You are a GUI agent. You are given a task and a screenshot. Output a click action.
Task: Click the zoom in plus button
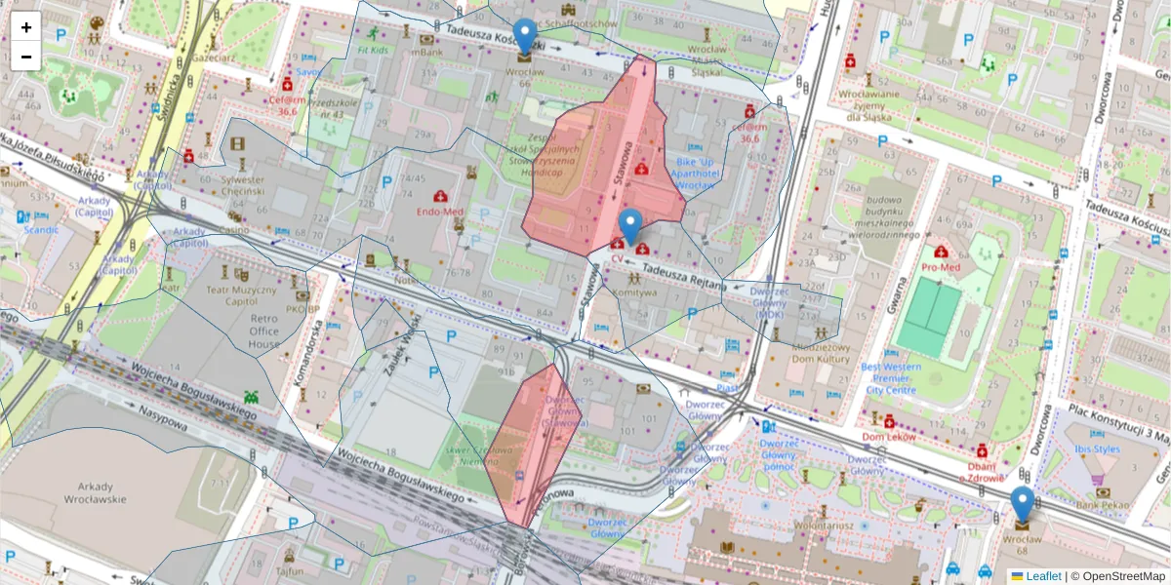click(x=26, y=27)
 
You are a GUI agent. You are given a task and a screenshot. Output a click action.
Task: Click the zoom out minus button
click(x=26, y=57)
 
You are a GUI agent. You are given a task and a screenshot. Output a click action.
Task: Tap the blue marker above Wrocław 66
click(x=525, y=36)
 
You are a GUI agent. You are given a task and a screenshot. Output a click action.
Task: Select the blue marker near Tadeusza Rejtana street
click(x=630, y=226)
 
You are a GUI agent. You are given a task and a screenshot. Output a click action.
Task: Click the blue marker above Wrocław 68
click(x=1022, y=504)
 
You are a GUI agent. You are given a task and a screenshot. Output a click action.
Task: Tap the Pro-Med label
click(x=942, y=265)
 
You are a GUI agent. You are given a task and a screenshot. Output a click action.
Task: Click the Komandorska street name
click(x=303, y=354)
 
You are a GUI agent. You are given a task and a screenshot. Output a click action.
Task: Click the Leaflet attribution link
click(x=1043, y=576)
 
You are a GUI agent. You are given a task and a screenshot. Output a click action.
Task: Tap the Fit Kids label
click(x=373, y=49)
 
